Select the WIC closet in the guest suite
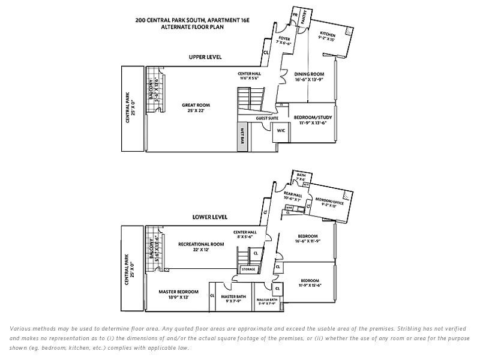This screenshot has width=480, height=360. (x=280, y=131)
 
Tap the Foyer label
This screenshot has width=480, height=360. (x=284, y=41)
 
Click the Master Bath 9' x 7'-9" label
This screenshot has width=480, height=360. (x=231, y=299)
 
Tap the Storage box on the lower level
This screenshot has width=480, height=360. (x=248, y=269)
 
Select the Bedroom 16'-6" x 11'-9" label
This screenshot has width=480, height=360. (x=307, y=238)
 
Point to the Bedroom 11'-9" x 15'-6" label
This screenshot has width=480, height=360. (x=310, y=283)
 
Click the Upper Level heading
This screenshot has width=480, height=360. (x=205, y=57)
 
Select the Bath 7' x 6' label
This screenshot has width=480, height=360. (x=301, y=177)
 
